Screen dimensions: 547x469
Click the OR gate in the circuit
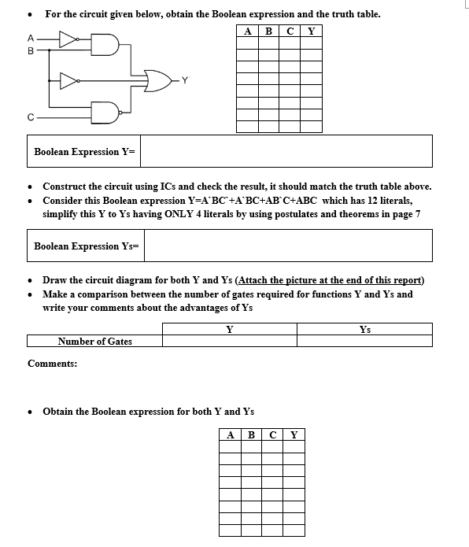[162, 79]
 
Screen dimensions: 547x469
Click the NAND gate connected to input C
[105, 113]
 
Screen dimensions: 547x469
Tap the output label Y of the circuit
[185, 79]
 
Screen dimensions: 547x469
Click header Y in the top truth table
[312, 32]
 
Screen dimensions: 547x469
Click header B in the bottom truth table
[251, 434]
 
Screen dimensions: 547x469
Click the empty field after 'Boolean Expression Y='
[286, 151]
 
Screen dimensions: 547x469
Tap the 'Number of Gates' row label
[94, 341]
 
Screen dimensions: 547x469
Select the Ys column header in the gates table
[364, 329]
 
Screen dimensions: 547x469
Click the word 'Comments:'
[52, 364]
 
